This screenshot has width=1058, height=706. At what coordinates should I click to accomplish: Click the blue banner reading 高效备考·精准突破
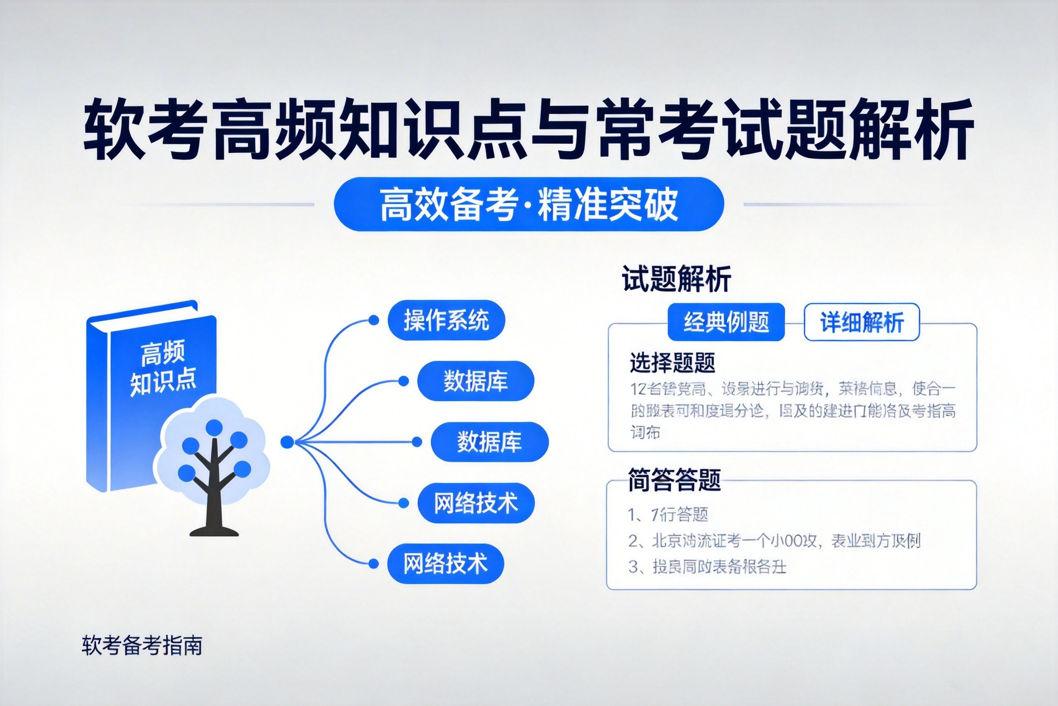pyautogui.click(x=529, y=204)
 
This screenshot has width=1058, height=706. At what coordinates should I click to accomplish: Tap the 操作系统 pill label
pyautogui.click(x=446, y=320)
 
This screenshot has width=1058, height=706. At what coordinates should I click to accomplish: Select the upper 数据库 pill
pyautogui.click(x=476, y=381)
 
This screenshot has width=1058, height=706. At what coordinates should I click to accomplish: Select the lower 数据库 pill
pyautogui.click(x=490, y=442)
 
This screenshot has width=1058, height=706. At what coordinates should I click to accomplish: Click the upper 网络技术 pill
pyautogui.click(x=476, y=502)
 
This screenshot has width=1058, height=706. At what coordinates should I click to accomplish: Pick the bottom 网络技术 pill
pyautogui.click(x=445, y=563)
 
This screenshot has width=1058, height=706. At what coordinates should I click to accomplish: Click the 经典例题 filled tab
pyautogui.click(x=726, y=322)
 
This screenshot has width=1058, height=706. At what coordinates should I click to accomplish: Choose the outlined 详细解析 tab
pyautogui.click(x=861, y=322)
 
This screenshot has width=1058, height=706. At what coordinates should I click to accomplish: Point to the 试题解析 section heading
pyautogui.click(x=676, y=279)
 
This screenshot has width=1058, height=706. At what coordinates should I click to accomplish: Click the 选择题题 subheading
pyautogui.click(x=672, y=362)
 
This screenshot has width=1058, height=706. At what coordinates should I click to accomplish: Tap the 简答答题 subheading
pyautogui.click(x=674, y=480)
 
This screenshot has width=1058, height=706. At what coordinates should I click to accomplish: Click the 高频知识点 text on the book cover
pyautogui.click(x=163, y=368)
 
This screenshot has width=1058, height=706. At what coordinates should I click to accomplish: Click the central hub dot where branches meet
pyautogui.click(x=287, y=442)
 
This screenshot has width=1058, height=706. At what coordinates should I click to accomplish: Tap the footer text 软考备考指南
pyautogui.click(x=142, y=645)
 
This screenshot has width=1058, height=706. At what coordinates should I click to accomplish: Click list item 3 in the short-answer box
pyautogui.click(x=707, y=567)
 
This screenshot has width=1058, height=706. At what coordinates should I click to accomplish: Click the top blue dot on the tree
pyautogui.click(x=214, y=428)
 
